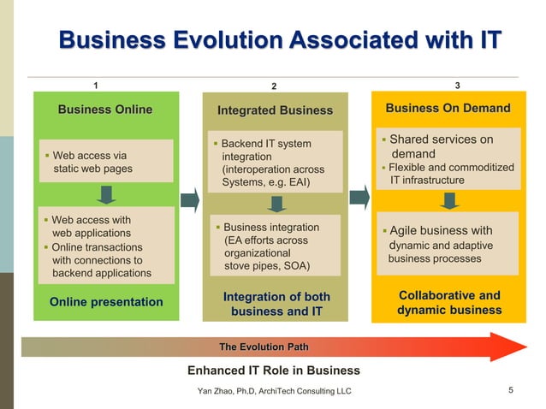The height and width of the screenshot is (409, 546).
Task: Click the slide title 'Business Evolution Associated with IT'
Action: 279,41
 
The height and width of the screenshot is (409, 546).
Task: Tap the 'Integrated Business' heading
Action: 275,110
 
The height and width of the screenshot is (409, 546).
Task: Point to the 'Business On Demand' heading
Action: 448,108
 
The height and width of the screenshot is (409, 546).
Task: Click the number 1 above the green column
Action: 95,85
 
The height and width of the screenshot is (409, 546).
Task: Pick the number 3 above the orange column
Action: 458,85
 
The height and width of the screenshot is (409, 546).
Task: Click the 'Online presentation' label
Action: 106,301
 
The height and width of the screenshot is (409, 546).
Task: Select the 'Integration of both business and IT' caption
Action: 276,304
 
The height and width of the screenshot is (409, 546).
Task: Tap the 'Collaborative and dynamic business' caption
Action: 449,302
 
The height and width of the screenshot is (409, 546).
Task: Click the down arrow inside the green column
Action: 105,195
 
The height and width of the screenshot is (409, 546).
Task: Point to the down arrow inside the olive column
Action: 276,204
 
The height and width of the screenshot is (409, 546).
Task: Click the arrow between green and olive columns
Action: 191,199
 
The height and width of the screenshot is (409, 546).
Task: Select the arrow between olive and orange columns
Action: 360,198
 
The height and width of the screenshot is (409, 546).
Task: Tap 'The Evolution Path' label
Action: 264,347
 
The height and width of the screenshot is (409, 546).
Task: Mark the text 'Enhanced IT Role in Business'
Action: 274,370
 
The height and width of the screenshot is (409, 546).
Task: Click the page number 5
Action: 510,391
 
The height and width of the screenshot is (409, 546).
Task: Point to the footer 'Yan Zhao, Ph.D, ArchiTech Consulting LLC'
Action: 274,391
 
